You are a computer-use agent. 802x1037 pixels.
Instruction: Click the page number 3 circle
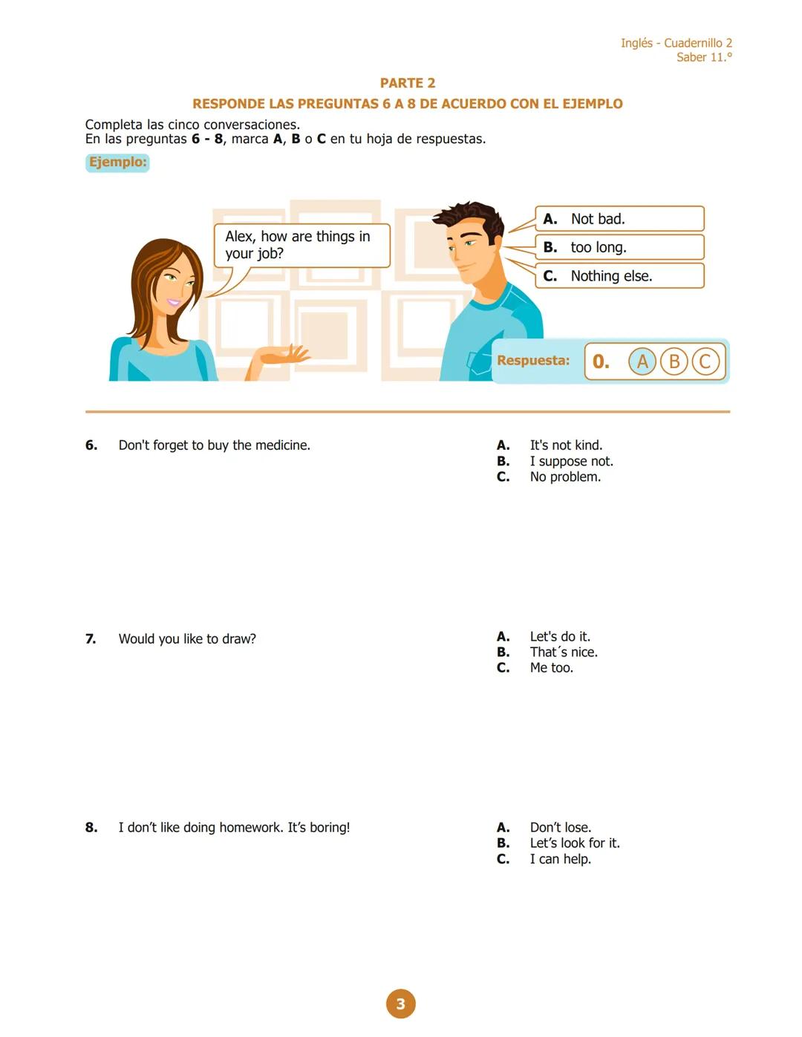(x=400, y=1004)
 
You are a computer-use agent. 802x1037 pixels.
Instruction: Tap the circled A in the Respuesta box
(x=642, y=362)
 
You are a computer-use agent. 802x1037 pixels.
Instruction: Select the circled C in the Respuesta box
(x=705, y=362)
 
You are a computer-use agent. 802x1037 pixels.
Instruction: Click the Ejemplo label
(x=117, y=162)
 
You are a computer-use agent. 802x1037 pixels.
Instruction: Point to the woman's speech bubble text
(x=297, y=245)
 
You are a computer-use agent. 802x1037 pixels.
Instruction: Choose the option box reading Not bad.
(x=619, y=219)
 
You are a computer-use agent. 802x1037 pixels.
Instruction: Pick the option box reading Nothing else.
(x=619, y=276)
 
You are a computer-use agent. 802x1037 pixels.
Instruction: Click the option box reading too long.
(x=619, y=247)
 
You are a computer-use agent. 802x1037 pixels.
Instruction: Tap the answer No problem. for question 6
(x=565, y=477)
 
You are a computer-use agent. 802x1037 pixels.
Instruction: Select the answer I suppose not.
(x=571, y=461)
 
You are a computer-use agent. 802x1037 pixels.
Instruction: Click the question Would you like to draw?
(x=187, y=638)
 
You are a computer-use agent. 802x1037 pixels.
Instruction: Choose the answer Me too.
(x=551, y=667)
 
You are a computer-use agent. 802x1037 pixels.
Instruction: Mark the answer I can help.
(x=560, y=859)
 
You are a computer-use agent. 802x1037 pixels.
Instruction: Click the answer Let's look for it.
(x=574, y=843)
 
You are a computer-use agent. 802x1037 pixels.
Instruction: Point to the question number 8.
(x=91, y=827)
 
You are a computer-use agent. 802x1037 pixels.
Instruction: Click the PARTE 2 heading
(x=407, y=83)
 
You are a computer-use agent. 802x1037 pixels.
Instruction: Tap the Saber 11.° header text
(x=703, y=57)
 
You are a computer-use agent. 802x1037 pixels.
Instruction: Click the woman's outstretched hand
(x=286, y=356)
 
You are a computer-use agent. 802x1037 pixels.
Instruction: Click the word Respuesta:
(x=533, y=361)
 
